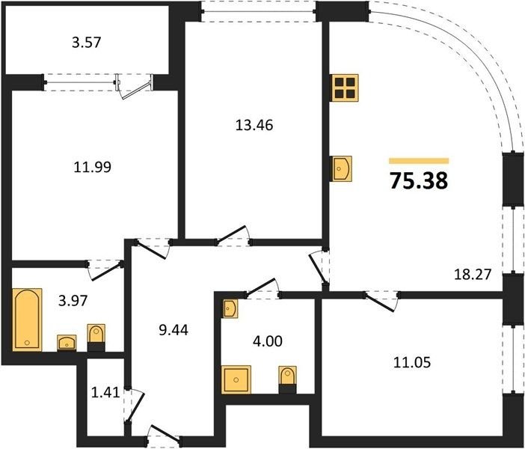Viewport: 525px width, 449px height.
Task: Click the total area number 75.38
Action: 419,181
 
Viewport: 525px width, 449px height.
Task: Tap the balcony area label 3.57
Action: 87,43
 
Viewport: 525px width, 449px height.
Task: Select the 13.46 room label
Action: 254,125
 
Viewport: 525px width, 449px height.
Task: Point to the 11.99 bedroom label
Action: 93,167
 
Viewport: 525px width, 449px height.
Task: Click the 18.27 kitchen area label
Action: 473,275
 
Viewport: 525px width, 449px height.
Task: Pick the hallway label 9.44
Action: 174,330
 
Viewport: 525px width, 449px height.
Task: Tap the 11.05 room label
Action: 412,362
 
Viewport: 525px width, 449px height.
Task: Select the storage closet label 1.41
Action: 105,392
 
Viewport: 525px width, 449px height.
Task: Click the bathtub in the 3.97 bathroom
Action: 27,320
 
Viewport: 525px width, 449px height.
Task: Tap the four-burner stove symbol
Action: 346,88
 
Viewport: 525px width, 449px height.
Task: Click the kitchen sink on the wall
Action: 343,168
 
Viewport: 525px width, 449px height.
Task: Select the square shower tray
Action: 236,379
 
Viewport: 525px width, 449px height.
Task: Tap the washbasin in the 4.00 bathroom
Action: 230,308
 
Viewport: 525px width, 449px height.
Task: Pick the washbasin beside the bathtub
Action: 67,343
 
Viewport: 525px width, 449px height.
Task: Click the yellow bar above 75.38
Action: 419,161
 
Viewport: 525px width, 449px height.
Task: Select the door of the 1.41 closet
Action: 136,406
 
